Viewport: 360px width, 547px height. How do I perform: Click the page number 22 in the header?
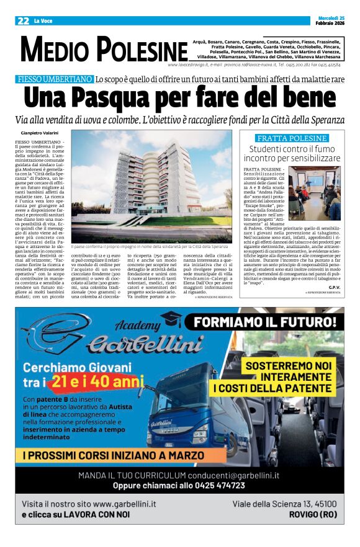pyautogui.click(x=23, y=20)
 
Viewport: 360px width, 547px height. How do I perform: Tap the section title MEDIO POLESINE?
pyautogui.click(x=104, y=50)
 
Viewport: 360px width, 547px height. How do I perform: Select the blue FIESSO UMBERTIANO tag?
pyautogui.click(x=55, y=79)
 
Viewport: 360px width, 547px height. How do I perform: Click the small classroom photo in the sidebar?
pyautogui.click(x=315, y=192)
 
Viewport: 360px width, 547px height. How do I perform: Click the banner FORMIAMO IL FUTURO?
pyautogui.click(x=264, y=322)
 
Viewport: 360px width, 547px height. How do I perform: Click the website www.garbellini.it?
pyautogui.click(x=124, y=504)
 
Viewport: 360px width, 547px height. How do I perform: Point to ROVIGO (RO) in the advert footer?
pyautogui.click(x=313, y=515)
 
